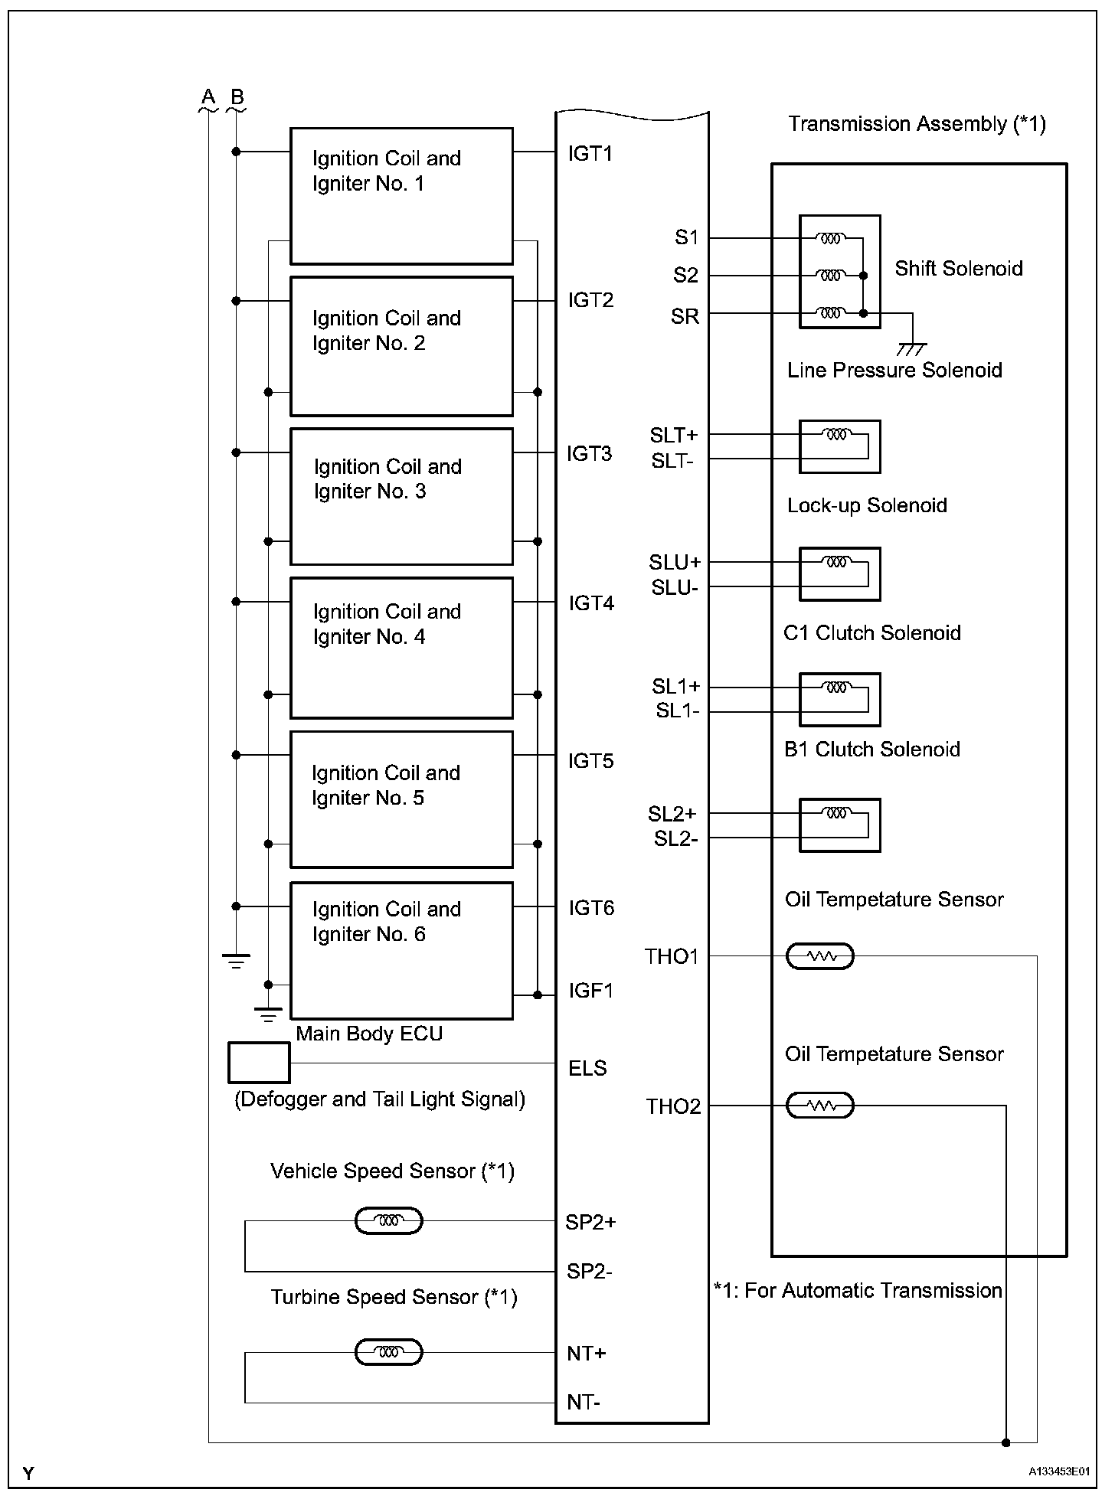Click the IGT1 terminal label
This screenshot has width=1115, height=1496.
tap(590, 154)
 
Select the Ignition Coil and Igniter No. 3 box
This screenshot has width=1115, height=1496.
tap(401, 496)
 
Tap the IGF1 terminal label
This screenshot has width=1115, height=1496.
tap(590, 991)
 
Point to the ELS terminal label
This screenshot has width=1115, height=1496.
tap(587, 1068)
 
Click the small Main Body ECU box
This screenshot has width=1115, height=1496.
tap(259, 1063)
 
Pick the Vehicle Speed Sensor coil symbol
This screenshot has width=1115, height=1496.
tap(389, 1220)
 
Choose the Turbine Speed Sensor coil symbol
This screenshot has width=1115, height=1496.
tap(389, 1352)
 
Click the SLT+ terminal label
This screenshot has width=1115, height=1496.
tap(674, 435)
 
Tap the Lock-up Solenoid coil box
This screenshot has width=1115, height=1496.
tap(839, 573)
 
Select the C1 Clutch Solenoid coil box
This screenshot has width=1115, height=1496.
tap(839, 699)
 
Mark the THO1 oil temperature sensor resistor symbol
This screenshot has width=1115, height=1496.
tap(820, 956)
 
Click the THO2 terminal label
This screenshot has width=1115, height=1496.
tap(673, 1106)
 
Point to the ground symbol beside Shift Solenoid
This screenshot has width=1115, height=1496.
tap(911, 348)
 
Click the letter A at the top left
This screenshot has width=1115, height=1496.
tap(208, 97)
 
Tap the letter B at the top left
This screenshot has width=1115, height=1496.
tap(237, 97)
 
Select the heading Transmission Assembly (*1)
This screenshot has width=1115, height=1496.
tap(917, 124)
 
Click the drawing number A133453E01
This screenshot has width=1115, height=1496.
tap(1059, 1472)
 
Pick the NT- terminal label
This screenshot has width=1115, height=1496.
tap(584, 1402)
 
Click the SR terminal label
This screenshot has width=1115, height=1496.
tap(685, 316)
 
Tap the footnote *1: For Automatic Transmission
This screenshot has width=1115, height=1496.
tap(858, 1290)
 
